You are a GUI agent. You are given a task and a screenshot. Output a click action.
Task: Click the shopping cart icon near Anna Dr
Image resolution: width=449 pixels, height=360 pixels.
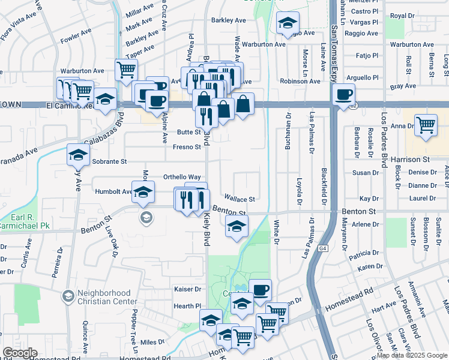[x=426, y=125]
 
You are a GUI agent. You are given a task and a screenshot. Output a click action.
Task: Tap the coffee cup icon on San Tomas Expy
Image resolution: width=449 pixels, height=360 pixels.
[x=344, y=94]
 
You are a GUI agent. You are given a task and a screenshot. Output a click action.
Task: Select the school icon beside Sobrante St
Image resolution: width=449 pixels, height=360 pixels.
[x=79, y=155]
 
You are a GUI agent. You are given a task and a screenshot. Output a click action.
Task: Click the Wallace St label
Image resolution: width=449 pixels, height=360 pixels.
[x=240, y=199]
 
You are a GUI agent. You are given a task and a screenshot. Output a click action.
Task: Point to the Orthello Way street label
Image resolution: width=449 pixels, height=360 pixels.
[x=182, y=178]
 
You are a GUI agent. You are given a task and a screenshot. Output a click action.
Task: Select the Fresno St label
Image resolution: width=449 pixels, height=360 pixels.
[x=187, y=147]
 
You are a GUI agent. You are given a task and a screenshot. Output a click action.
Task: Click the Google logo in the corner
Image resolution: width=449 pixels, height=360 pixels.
[x=20, y=353]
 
